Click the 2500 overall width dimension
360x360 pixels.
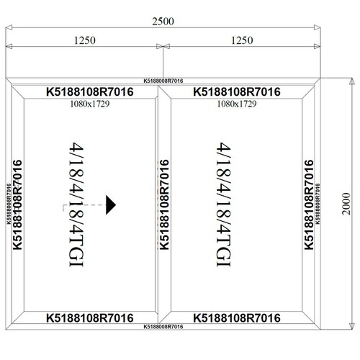click(163, 22)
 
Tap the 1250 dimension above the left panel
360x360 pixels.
click(85, 40)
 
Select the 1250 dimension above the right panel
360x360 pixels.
click(242, 40)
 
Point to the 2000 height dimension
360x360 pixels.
click(346, 204)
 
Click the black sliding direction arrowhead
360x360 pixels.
click(111, 204)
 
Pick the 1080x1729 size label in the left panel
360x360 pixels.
click(90, 104)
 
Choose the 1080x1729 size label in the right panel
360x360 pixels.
click(237, 104)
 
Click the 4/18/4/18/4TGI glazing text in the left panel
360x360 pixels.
click(76, 204)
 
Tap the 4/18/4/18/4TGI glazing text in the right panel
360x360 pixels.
click(224, 204)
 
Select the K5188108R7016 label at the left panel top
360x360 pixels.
click(90, 91)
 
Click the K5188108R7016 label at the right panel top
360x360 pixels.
click(237, 91)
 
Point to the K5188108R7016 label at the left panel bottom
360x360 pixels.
click(90, 318)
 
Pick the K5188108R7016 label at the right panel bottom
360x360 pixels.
click(237, 318)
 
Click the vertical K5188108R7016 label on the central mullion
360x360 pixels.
click(164, 204)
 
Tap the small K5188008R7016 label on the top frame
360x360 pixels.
click(163, 81)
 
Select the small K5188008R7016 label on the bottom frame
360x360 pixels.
click(163, 327)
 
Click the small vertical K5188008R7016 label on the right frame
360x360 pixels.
click(318, 204)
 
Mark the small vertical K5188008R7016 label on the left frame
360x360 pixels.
click(9, 204)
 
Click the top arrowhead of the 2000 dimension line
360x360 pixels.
click(351, 81)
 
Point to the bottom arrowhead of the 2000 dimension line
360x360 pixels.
click(351, 326)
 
